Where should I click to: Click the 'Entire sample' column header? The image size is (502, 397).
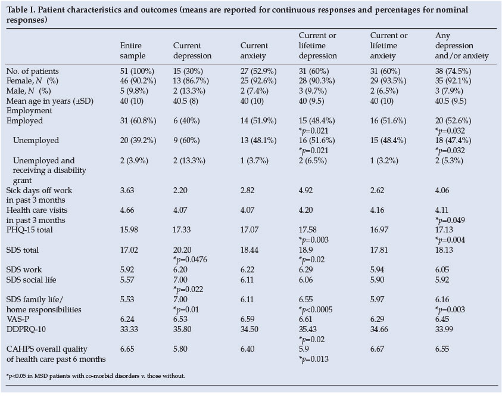click(x=133, y=51)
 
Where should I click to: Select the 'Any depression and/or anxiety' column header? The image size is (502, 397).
click(x=462, y=46)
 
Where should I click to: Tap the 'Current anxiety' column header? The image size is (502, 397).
click(x=254, y=51)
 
